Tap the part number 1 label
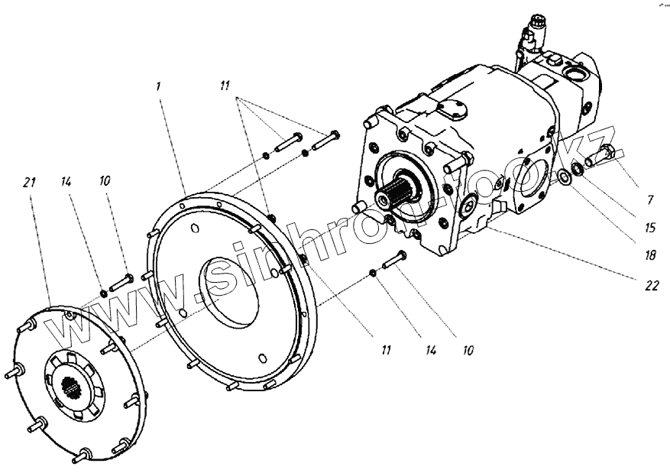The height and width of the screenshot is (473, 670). (157, 86)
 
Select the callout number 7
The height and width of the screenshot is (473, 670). (649, 200)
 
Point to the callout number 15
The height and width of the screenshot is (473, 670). (649, 227)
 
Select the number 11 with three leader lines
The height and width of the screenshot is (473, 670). (223, 86)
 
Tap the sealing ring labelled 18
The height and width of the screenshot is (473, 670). (563, 178)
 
